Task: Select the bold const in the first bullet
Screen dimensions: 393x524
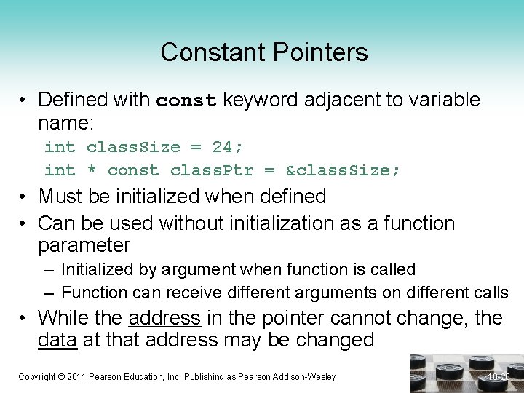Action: [x=186, y=100]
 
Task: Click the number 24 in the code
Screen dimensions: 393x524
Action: [x=222, y=147]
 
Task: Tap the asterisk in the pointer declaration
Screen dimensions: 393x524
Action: [x=91, y=170]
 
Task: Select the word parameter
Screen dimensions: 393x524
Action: [x=84, y=245]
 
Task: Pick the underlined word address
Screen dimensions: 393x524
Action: [x=164, y=318]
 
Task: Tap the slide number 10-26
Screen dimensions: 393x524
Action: [x=500, y=376]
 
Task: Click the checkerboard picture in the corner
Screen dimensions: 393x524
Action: [x=466, y=373]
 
